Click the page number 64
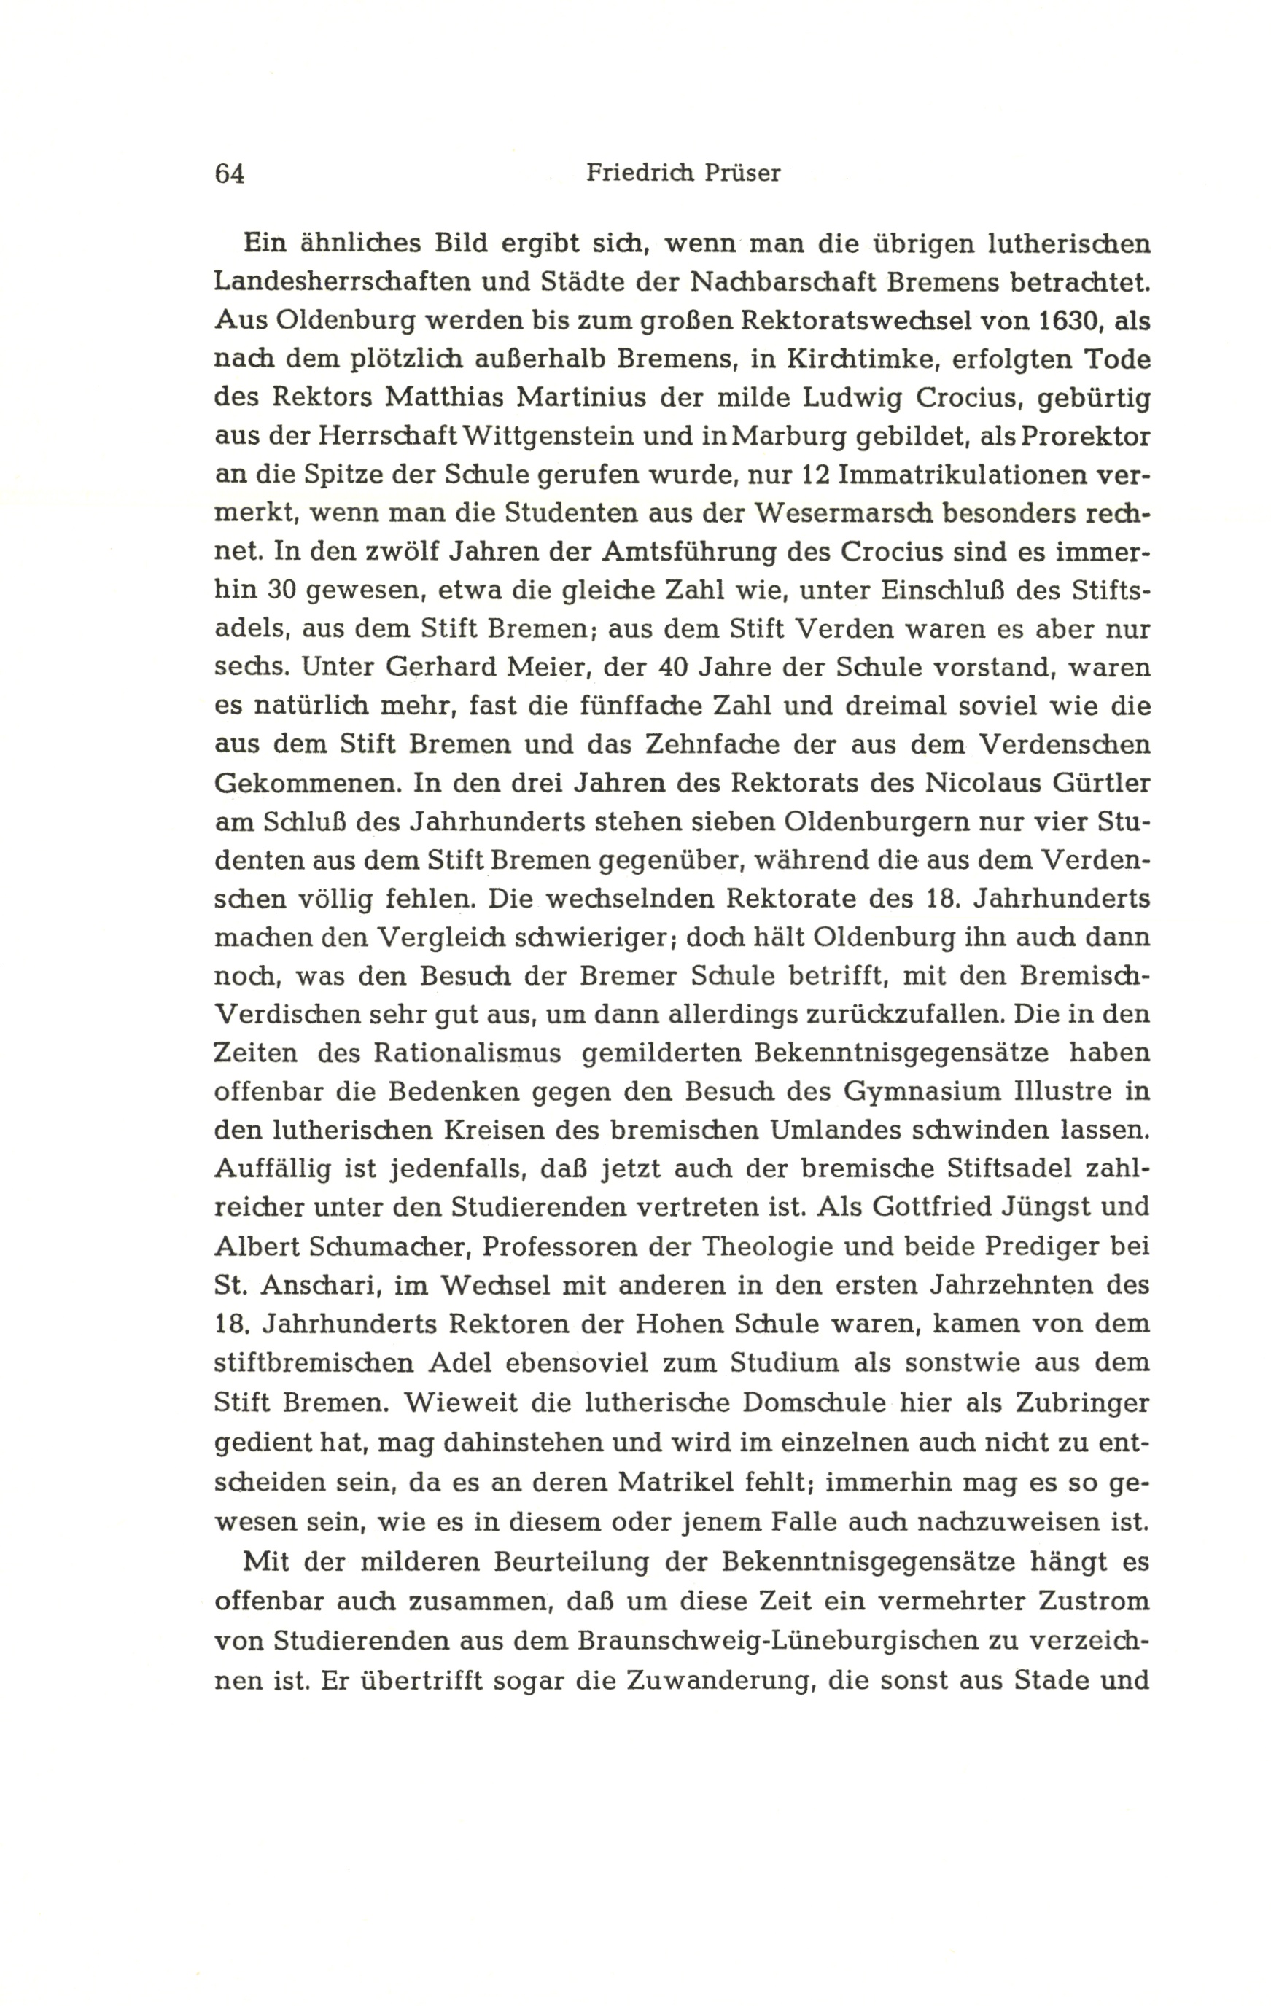coord(229,173)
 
